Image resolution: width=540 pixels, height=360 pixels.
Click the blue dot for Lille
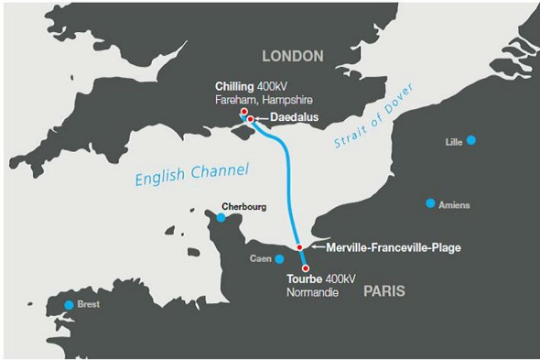(x=471, y=140)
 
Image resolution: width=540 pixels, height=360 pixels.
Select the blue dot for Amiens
(x=430, y=203)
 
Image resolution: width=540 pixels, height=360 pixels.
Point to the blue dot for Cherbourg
(x=221, y=217)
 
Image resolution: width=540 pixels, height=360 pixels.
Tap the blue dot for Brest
(x=68, y=305)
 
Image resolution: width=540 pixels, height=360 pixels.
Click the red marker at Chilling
(x=244, y=112)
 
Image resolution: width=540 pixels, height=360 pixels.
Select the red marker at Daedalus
(x=250, y=120)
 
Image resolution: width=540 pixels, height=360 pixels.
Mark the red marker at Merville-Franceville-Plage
(x=300, y=247)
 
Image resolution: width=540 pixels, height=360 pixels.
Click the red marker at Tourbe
(x=304, y=267)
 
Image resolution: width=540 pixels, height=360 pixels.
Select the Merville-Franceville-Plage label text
(x=386, y=247)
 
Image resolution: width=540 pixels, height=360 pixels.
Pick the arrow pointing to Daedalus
(x=260, y=120)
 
